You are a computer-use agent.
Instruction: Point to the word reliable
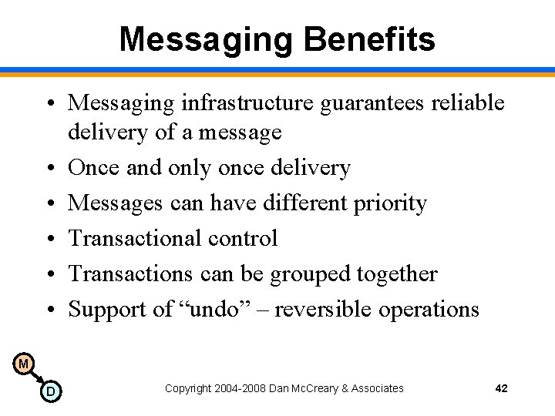point(469,102)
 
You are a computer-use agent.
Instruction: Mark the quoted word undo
point(222,310)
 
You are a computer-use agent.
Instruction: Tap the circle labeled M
point(24,364)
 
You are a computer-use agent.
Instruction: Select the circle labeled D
point(50,392)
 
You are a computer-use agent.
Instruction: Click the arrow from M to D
point(37,377)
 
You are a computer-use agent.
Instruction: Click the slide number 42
point(501,388)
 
